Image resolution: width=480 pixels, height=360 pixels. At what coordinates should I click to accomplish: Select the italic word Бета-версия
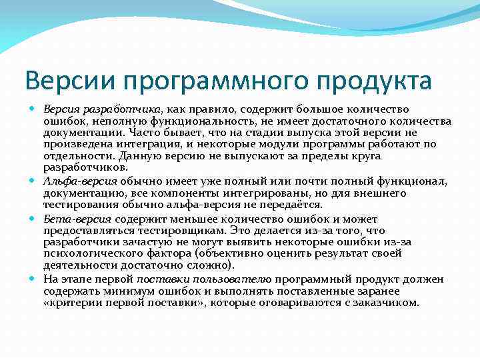77,219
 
